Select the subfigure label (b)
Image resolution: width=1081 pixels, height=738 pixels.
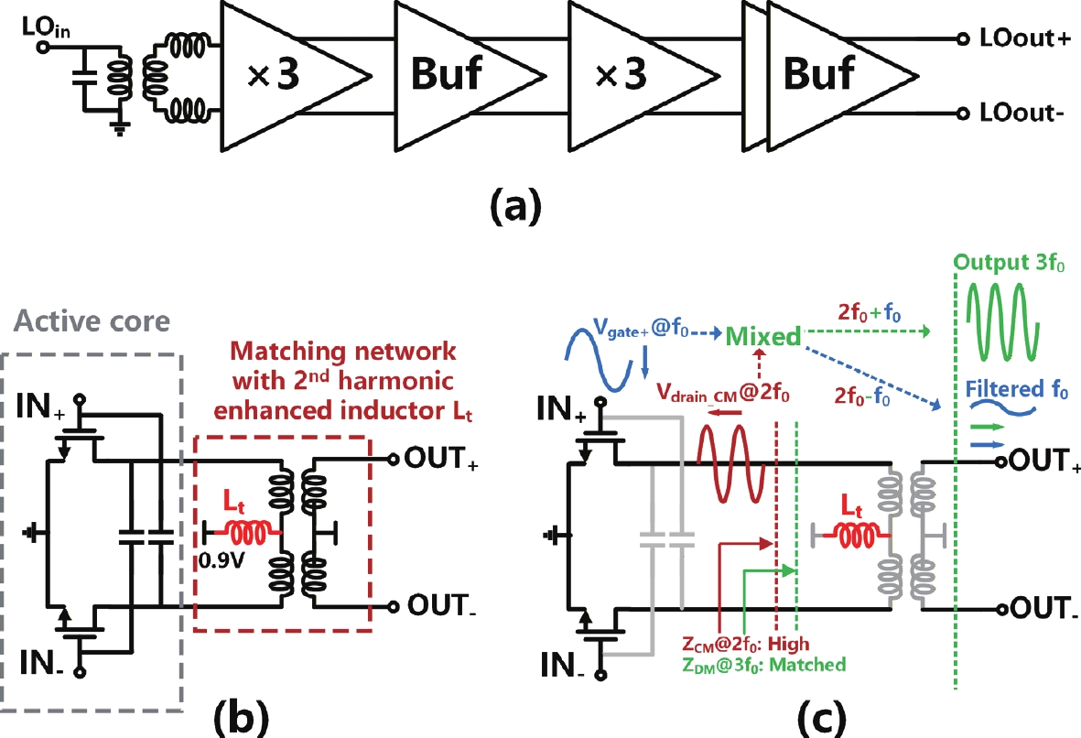245,716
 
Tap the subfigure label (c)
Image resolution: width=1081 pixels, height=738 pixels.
802,716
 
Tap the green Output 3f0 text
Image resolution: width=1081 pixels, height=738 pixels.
1011,263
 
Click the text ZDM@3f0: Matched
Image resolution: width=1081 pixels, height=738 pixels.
763,665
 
